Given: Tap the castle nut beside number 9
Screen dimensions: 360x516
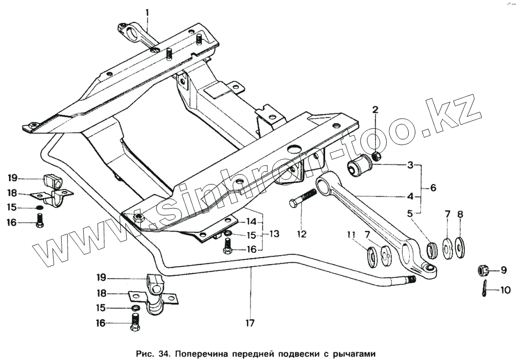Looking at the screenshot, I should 483,271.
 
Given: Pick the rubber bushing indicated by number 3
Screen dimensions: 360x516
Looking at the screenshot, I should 359,166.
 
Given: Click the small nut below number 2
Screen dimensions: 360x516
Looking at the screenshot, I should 377,157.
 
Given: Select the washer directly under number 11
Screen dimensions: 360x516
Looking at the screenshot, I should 372,255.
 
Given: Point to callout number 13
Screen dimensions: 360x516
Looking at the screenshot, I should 273,234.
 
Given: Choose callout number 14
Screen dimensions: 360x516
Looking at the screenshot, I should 251,221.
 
